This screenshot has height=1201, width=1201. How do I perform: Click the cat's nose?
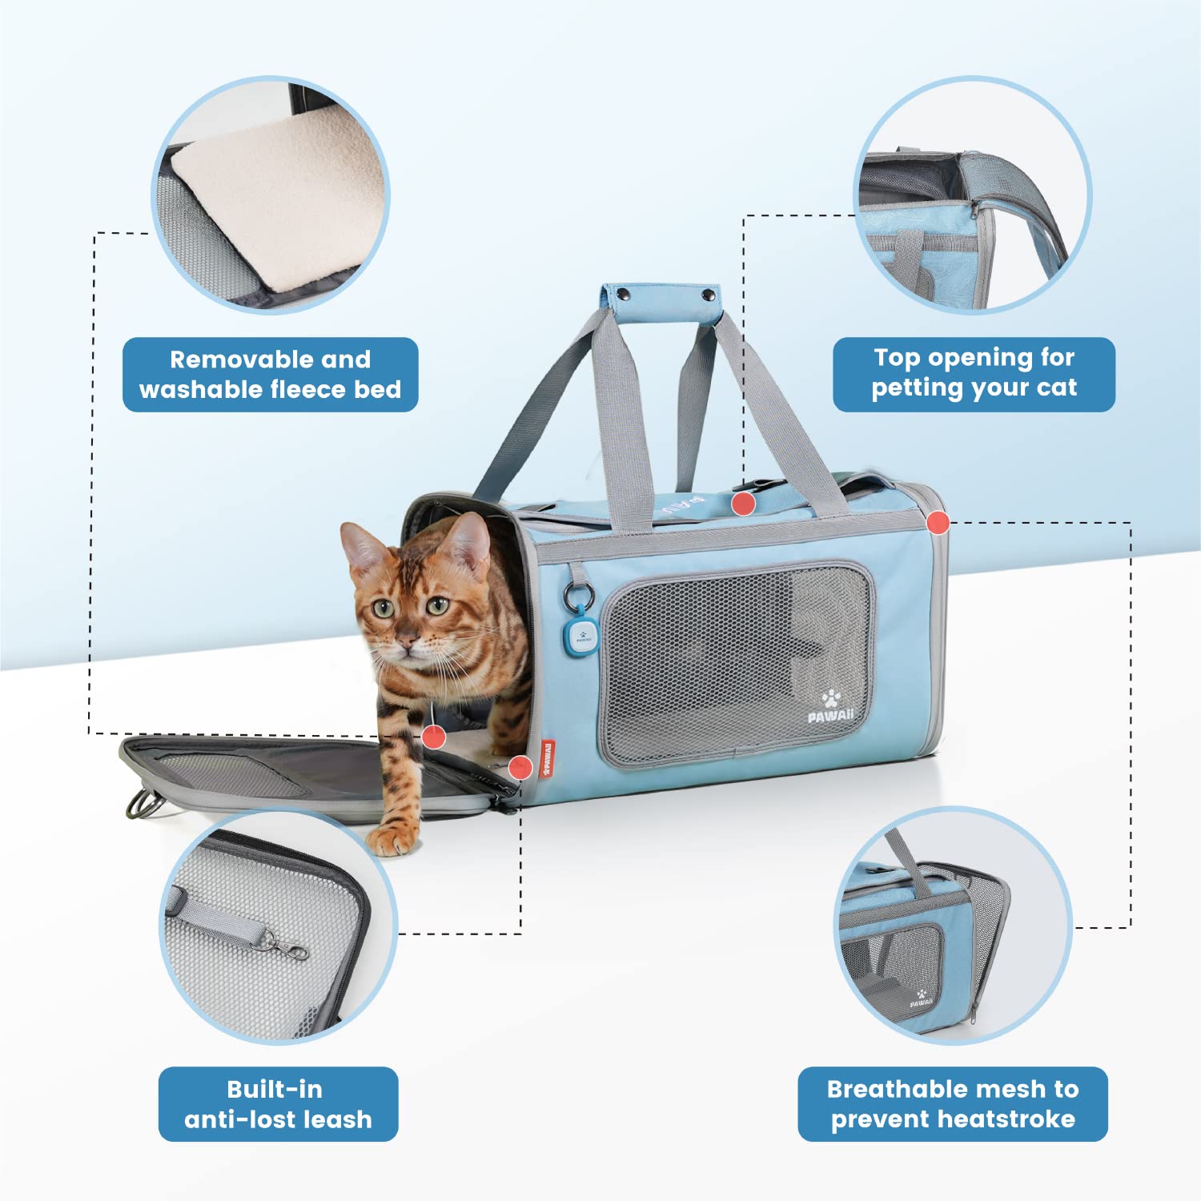coord(407,641)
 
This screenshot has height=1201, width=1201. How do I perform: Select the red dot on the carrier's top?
coord(744,503)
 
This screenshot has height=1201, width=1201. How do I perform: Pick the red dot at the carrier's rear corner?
coord(938,523)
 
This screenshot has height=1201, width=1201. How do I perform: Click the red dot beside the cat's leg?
coord(434,736)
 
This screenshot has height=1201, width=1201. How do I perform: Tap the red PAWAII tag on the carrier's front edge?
coord(548,759)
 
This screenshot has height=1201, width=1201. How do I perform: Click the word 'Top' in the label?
coord(898,357)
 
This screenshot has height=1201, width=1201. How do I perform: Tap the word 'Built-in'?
coord(275,1089)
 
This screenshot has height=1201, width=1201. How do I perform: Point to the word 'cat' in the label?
coord(1056,388)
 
